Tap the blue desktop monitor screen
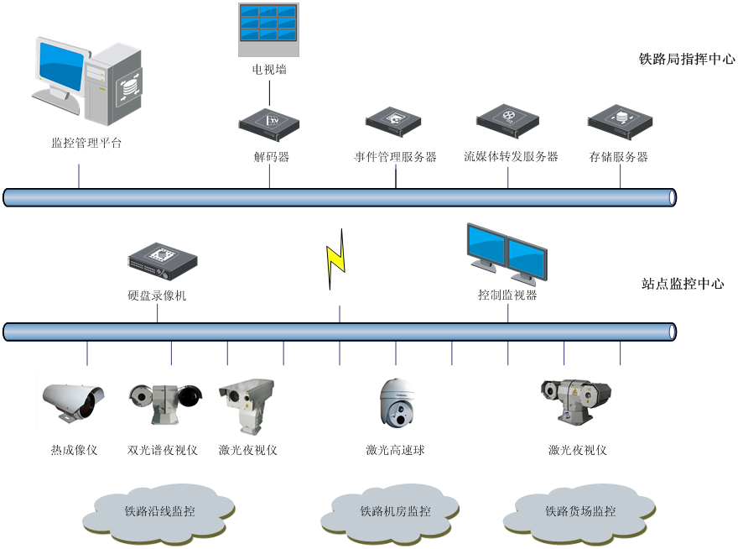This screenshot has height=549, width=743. pyautogui.click(x=61, y=65)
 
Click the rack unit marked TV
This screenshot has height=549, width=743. pyautogui.click(x=269, y=122)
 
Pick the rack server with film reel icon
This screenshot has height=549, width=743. pyautogui.click(x=507, y=119)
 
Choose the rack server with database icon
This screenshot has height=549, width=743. pyautogui.click(x=620, y=120)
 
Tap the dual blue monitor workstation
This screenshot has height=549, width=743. pyautogui.click(x=507, y=253)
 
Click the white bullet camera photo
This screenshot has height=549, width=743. pyautogui.click(x=77, y=400)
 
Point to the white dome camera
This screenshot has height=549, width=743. pyautogui.click(x=394, y=403)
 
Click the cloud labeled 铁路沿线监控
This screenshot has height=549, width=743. pyautogui.click(x=159, y=510)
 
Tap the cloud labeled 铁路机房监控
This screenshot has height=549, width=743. pyautogui.click(x=395, y=510)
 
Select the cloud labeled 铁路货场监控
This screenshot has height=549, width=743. pyautogui.click(x=579, y=510)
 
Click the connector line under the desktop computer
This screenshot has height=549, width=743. pyautogui.click(x=79, y=175)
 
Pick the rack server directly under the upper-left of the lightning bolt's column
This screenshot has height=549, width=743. pyautogui.click(x=393, y=119)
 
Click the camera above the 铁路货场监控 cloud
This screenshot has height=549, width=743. pyautogui.click(x=575, y=400)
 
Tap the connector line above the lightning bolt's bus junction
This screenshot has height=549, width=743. pyautogui.click(x=339, y=313)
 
